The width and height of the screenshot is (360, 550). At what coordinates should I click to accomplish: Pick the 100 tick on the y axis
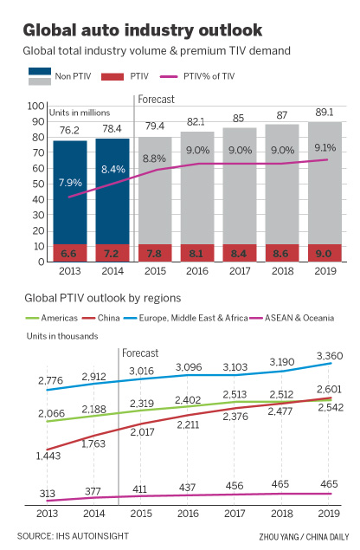click(37, 106)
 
